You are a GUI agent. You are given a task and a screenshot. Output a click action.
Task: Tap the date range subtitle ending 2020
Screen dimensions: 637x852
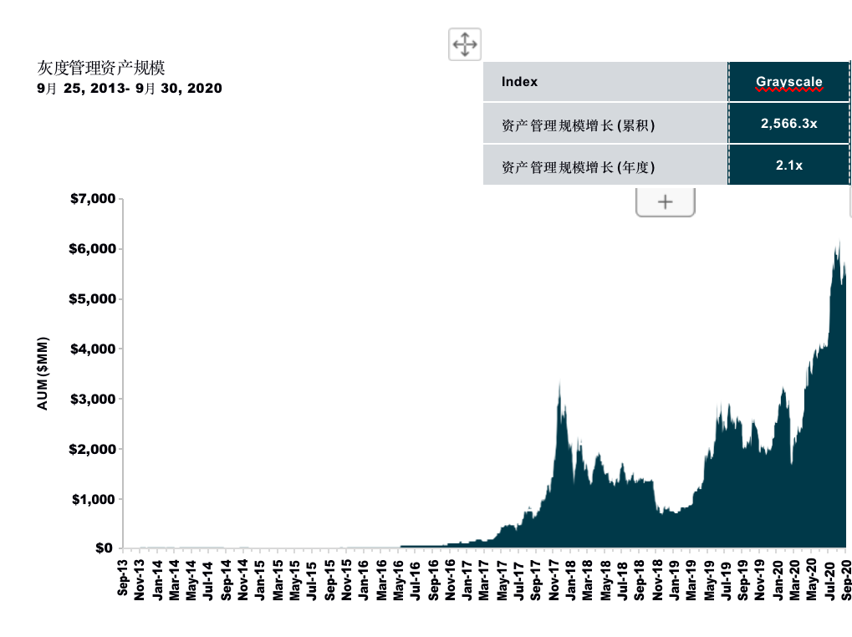coord(130,88)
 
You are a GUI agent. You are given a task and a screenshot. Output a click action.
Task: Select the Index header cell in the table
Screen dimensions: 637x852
coord(520,82)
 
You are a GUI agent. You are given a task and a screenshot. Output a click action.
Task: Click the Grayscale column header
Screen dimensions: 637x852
coord(788,82)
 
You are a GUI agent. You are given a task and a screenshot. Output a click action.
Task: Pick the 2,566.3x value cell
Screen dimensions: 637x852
coord(788,124)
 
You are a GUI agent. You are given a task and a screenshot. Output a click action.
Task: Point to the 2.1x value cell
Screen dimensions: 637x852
coord(788,166)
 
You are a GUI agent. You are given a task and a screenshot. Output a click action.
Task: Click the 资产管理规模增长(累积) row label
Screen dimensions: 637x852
coord(578,125)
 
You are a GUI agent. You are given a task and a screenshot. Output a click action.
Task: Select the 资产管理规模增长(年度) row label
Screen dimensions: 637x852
coord(578,167)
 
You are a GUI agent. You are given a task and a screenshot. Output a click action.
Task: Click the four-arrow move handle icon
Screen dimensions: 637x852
coord(465,43)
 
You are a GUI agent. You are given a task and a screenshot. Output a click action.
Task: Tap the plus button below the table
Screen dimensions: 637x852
coord(666,202)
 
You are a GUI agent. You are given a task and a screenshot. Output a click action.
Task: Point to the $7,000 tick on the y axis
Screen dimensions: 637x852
coord(91,199)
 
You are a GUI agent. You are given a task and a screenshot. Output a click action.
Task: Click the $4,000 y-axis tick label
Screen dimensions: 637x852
coord(91,349)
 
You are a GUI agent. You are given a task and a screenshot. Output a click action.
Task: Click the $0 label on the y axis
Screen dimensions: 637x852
coord(102,548)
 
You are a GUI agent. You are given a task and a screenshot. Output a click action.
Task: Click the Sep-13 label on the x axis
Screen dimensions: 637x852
coord(124,578)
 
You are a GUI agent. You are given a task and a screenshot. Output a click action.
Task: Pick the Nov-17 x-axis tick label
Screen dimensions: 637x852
coord(554,578)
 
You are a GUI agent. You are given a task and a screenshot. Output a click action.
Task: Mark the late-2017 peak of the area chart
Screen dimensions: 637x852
coord(559,383)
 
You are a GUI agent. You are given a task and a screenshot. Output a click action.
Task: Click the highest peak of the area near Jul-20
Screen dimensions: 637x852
coord(839,242)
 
